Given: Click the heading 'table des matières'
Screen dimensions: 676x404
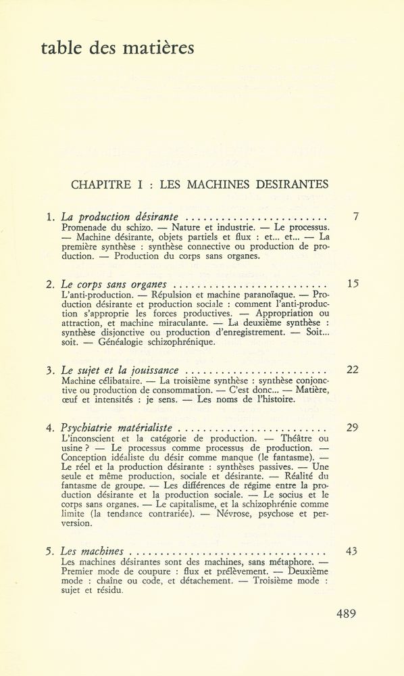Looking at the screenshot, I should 117,49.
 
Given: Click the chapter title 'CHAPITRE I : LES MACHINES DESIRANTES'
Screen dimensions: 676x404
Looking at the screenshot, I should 199,184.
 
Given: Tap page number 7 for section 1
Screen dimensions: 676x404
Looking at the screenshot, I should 355,217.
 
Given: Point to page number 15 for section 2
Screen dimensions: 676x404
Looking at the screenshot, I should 351,284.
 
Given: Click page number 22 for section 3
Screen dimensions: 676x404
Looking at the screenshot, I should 351,370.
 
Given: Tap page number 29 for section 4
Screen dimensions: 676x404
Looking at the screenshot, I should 351,427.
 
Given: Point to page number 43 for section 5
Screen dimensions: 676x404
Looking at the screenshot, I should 351,551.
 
